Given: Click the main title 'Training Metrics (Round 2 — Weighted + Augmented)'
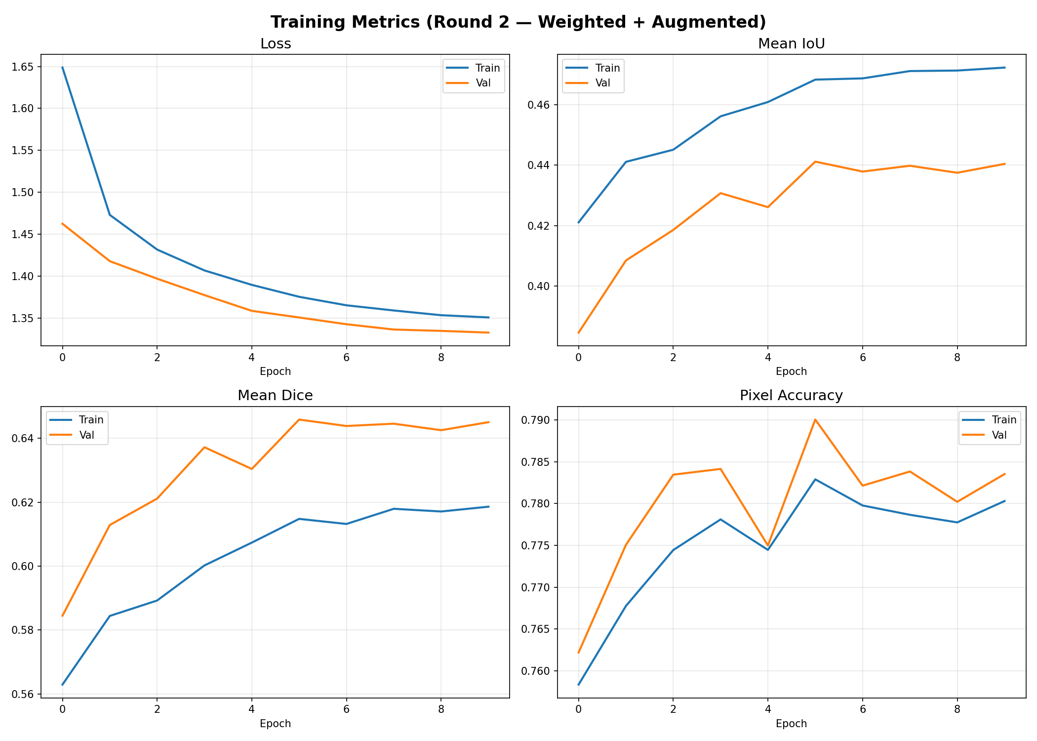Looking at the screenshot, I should [518, 22].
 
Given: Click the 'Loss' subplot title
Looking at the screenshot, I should [275, 44].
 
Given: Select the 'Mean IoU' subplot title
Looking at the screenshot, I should [791, 44].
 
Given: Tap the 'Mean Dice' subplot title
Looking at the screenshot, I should [275, 395].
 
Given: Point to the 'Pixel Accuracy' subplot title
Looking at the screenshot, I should [791, 395].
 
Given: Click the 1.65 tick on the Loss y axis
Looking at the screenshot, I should [25, 67].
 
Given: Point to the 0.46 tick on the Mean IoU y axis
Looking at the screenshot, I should [541, 105].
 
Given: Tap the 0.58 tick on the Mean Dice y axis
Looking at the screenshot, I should [25, 630].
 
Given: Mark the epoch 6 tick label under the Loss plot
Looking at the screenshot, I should [346, 357].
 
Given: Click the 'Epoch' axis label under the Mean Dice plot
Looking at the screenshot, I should [275, 724].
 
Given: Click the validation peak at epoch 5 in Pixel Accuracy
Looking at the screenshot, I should [815, 419].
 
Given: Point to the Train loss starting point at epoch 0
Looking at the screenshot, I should [62, 67].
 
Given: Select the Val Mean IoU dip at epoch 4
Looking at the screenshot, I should [767, 207].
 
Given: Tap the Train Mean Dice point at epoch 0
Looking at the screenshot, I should [62, 685].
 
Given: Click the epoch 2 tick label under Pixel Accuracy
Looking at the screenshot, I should [673, 709].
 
